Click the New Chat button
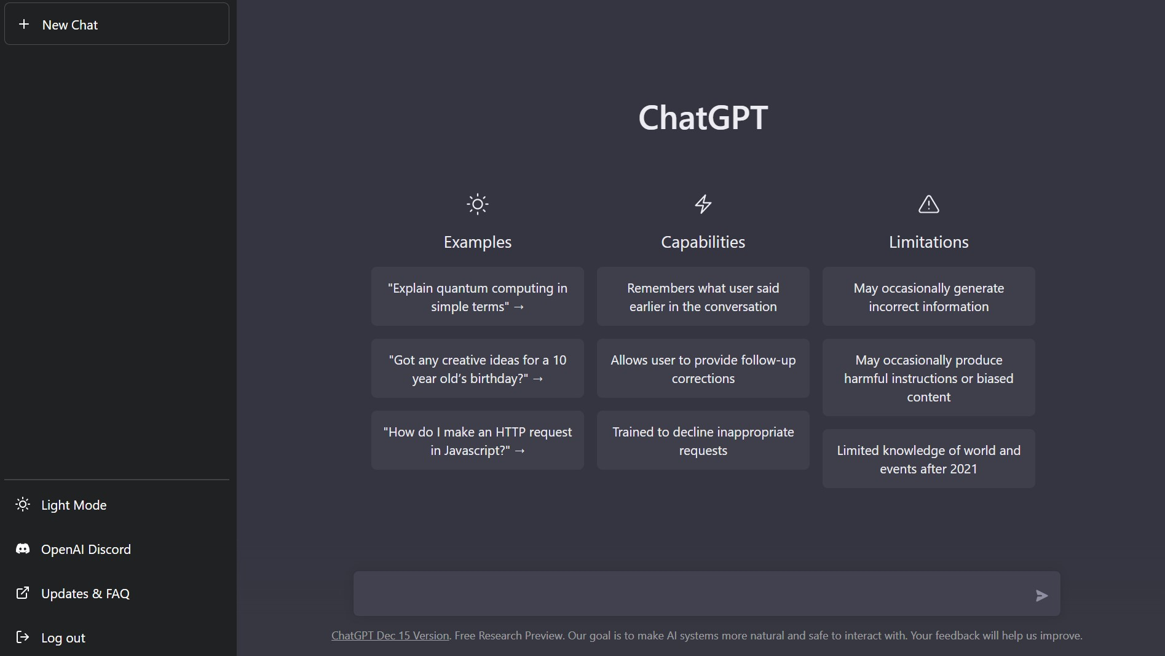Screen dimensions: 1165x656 point(117,24)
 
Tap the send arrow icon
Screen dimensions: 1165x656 point(1041,595)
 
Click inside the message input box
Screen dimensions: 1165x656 point(689,594)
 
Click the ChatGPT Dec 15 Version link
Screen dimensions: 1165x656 point(390,636)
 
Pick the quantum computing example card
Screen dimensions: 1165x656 point(478,296)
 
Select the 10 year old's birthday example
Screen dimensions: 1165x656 point(478,368)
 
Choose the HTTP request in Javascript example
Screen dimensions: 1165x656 point(478,440)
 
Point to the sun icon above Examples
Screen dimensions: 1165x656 point(478,204)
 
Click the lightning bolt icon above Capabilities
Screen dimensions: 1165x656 point(703,204)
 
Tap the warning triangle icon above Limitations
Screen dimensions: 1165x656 point(929,204)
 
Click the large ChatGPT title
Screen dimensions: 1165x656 point(703,117)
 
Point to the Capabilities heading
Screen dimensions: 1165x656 point(703,242)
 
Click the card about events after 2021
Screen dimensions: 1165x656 point(929,459)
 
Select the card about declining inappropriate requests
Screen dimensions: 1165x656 point(703,440)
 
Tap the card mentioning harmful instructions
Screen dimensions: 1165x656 point(929,377)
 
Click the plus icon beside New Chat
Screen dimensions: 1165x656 point(24,24)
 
